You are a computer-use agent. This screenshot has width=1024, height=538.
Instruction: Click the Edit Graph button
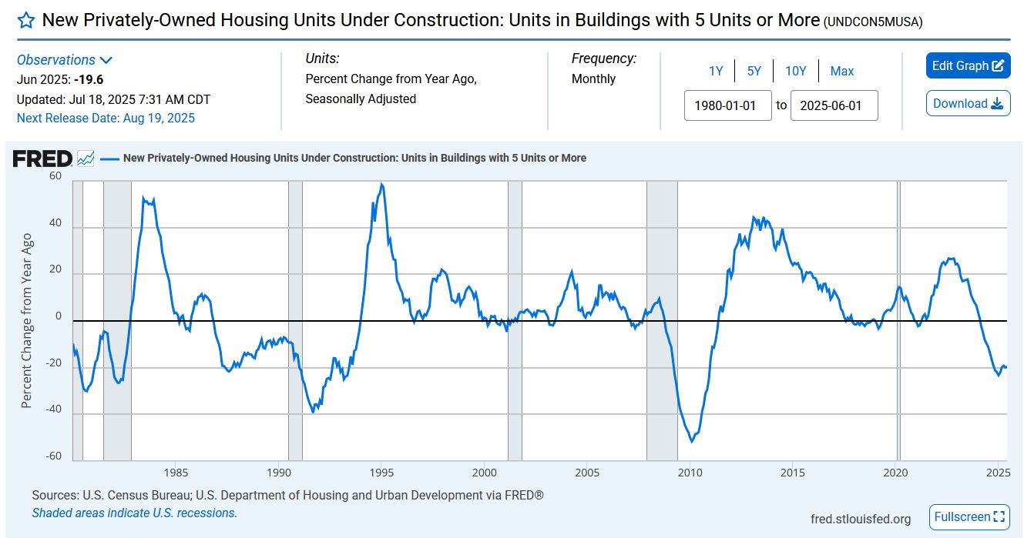pyautogui.click(x=968, y=66)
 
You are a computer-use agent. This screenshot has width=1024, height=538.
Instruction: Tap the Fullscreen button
pyautogui.click(x=969, y=517)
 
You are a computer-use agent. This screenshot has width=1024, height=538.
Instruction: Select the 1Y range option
pyautogui.click(x=716, y=72)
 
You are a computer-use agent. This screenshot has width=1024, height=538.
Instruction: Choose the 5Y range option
pyautogui.click(x=754, y=72)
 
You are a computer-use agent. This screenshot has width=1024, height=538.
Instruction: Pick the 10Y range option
pyautogui.click(x=795, y=72)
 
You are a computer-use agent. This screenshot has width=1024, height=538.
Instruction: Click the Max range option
pyautogui.click(x=841, y=72)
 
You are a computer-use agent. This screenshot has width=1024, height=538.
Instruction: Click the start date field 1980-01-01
pyautogui.click(x=727, y=105)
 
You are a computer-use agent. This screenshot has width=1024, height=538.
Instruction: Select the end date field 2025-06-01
pyautogui.click(x=834, y=105)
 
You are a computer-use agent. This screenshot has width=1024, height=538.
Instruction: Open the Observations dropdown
pyautogui.click(x=65, y=60)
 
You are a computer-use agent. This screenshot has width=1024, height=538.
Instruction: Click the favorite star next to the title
pyautogui.click(x=26, y=21)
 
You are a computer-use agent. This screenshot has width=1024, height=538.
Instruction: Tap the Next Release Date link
pyautogui.click(x=106, y=118)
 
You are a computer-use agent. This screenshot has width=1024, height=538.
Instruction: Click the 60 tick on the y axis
pyautogui.click(x=55, y=175)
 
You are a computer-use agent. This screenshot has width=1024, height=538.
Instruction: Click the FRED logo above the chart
pyautogui.click(x=43, y=159)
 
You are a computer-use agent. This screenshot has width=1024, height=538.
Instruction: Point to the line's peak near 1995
pyautogui.click(x=381, y=185)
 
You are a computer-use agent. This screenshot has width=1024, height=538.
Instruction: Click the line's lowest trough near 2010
pyautogui.click(x=692, y=441)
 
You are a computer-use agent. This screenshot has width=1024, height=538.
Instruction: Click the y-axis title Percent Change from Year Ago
pyautogui.click(x=27, y=321)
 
